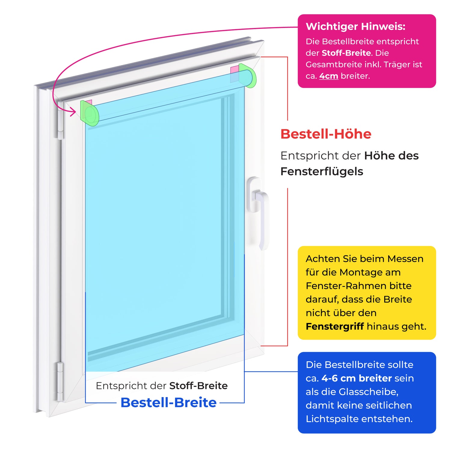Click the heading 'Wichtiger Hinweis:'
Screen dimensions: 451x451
[355, 26]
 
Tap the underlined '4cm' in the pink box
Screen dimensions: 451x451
[329, 76]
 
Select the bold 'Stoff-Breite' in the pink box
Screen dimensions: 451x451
[346, 53]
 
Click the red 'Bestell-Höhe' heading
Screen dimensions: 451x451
[326, 134]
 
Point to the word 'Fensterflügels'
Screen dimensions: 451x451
[321, 171]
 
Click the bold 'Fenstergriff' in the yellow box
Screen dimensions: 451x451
[335, 326]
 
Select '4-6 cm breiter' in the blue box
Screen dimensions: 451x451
[357, 378]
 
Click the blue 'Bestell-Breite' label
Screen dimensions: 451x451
[168, 402]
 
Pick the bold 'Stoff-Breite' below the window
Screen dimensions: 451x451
[198, 386]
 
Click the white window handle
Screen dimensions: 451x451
[259, 207]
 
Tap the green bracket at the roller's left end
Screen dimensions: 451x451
[89, 114]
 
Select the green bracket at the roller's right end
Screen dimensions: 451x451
[248, 76]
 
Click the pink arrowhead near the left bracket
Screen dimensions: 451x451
[73, 113]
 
